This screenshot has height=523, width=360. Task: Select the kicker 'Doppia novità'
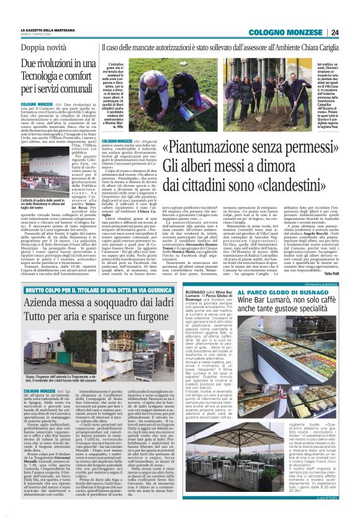[43, 48]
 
